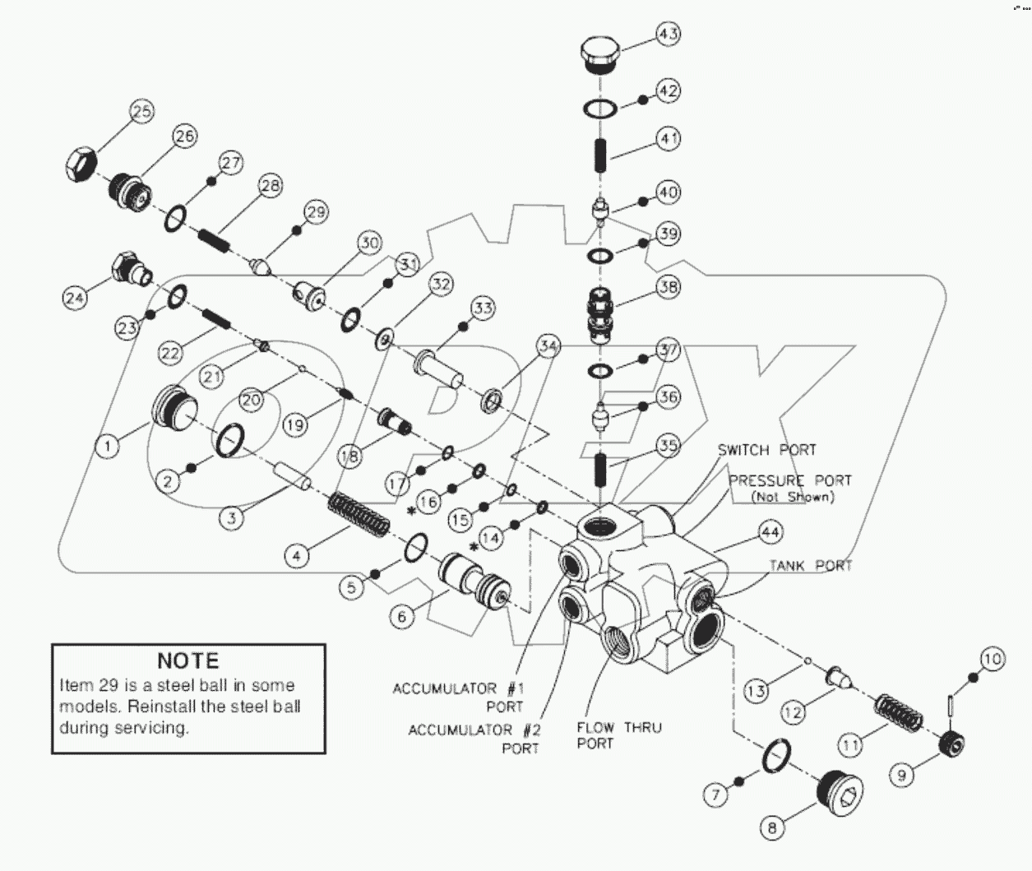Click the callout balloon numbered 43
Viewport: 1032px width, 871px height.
[x=669, y=34]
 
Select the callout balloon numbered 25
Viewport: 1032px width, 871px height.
[x=142, y=112]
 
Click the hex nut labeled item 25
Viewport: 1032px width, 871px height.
[x=81, y=165]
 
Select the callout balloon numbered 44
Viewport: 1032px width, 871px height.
[x=770, y=533]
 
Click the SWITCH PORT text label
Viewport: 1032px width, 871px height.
[x=766, y=450]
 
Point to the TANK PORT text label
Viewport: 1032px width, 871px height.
[x=811, y=566]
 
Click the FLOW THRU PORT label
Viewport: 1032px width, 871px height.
[x=618, y=735]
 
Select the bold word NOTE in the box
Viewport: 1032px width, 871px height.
[x=188, y=660]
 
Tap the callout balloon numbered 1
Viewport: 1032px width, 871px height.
[x=107, y=447]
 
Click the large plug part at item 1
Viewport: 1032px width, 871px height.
[x=175, y=406]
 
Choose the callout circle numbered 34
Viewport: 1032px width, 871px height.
[x=548, y=346]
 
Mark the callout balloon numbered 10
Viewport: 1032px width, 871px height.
[x=992, y=659]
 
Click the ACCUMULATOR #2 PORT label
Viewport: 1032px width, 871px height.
[x=474, y=739]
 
